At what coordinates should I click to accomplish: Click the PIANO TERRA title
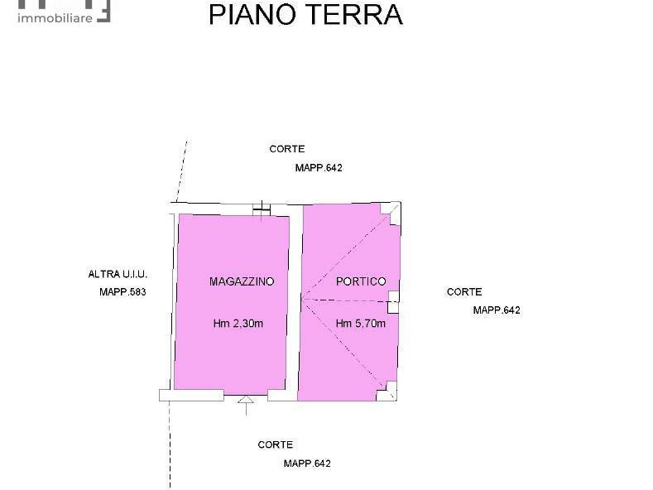[305, 15]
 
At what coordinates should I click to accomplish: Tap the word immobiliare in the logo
[55, 18]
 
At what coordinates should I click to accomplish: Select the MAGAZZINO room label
[242, 281]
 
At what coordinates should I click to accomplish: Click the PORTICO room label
[361, 281]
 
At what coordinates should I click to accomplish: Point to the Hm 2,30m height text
[238, 324]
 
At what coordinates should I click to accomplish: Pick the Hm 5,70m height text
[361, 324]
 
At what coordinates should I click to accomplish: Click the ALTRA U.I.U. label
[118, 274]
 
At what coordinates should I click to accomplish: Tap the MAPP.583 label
[122, 292]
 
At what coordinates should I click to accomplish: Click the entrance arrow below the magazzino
[246, 405]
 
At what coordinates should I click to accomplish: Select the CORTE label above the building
[287, 149]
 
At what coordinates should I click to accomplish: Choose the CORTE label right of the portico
[464, 291]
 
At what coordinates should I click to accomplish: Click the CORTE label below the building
[276, 444]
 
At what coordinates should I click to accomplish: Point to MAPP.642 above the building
[319, 167]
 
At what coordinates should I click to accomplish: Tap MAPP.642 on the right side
[497, 310]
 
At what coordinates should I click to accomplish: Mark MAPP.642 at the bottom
[307, 464]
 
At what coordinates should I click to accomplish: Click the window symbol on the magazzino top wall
[262, 210]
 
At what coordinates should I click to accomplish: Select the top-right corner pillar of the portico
[391, 214]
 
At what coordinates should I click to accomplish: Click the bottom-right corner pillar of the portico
[387, 392]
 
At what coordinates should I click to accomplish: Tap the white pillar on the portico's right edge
[394, 302]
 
